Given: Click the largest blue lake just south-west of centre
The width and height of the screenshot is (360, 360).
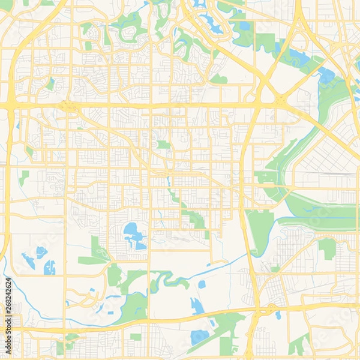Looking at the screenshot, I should [134, 235].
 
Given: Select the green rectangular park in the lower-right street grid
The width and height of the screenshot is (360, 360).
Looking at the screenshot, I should [327, 247].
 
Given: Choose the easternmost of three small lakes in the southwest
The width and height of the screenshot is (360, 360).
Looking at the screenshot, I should [50, 267].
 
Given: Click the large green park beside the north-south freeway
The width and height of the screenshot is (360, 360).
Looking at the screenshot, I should [260, 227].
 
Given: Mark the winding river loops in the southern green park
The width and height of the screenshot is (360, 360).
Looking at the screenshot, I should [165, 279].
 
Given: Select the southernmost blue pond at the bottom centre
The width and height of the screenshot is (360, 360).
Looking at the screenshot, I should [199, 337].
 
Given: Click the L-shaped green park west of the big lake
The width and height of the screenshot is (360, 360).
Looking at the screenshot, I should [96, 252].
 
